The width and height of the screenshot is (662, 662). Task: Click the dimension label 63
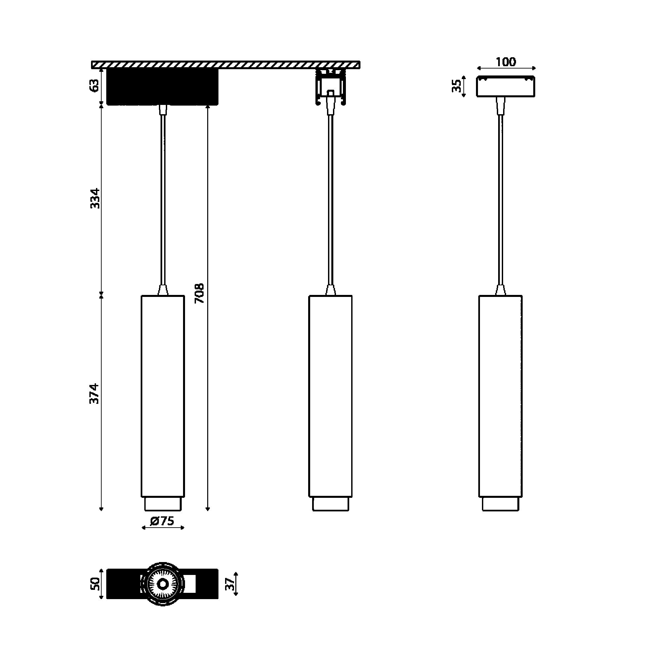tap(95, 85)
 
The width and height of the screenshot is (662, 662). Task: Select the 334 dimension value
tap(95, 198)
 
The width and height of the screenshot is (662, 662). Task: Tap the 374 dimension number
tap(94, 394)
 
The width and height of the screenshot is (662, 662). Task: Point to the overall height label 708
tap(199, 293)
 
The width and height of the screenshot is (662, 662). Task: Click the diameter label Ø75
tap(163, 521)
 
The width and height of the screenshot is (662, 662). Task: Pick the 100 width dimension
tap(506, 62)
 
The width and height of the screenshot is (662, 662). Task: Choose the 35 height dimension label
tap(456, 86)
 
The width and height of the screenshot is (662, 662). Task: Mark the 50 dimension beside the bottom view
tap(95, 584)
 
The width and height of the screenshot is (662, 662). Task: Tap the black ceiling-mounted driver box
tap(163, 87)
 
